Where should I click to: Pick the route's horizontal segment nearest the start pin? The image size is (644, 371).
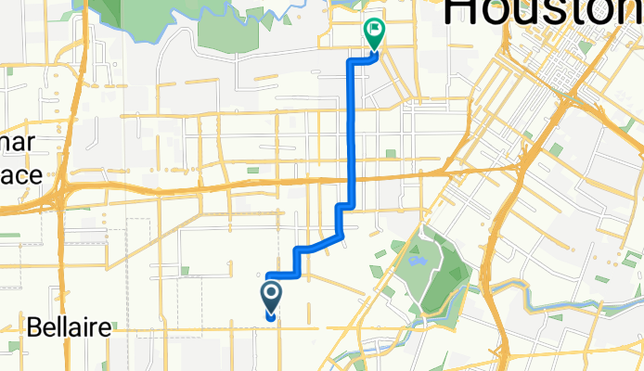pos(281,274)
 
